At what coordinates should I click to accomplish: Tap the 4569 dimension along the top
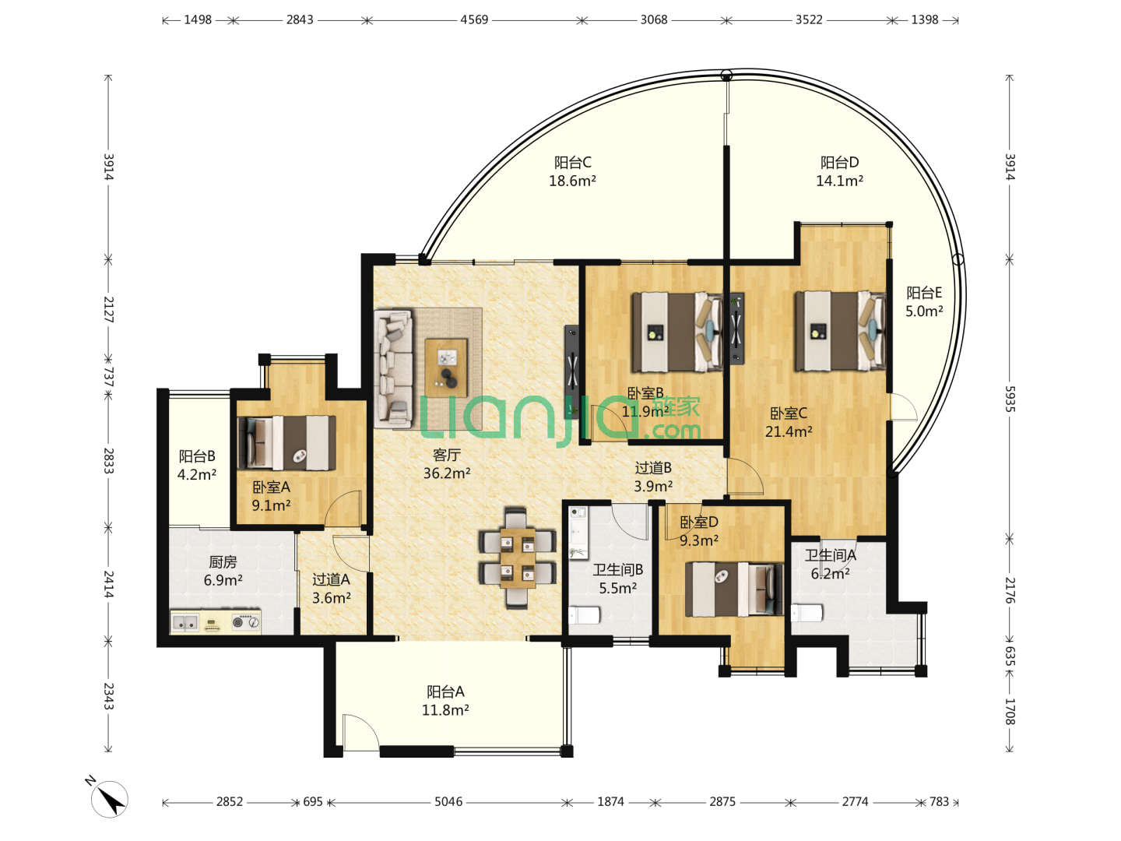click(474, 20)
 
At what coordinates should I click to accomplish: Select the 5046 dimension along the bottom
click(448, 802)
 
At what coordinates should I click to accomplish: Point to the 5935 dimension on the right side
click(1010, 399)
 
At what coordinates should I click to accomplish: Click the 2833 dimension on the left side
click(108, 460)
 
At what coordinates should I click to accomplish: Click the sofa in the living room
click(394, 368)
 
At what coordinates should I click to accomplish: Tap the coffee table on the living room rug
click(446, 368)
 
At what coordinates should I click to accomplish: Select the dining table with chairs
click(518, 558)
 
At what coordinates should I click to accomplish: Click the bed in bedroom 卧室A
click(287, 443)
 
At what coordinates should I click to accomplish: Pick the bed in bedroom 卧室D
click(734, 589)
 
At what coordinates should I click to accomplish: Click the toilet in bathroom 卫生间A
click(807, 613)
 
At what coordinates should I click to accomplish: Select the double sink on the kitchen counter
click(184, 622)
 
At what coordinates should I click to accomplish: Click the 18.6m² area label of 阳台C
click(572, 181)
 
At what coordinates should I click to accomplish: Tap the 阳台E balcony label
click(924, 293)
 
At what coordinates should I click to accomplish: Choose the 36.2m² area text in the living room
click(447, 473)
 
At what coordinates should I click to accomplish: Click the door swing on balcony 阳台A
click(360, 733)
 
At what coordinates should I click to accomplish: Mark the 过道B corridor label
click(653, 468)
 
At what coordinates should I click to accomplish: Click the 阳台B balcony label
click(197, 456)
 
